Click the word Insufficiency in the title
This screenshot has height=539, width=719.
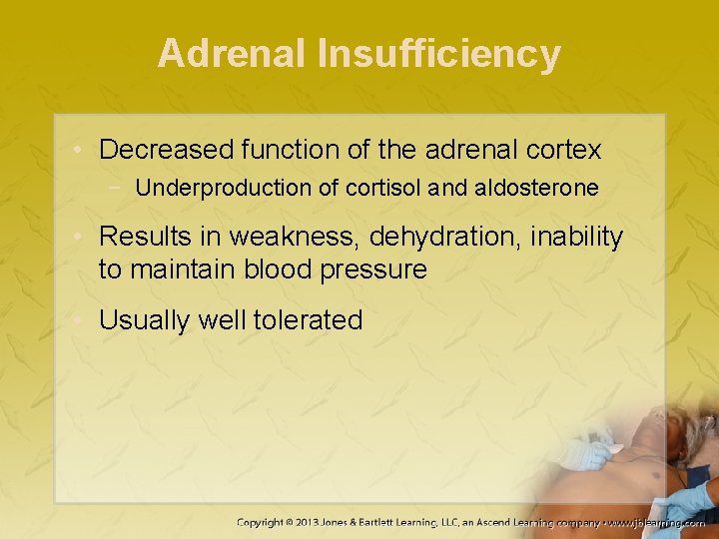pos(438,54)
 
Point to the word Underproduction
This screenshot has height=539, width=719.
pos(211,188)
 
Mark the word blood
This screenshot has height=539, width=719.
pos(276,269)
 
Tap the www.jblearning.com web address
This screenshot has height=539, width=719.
pos(658,522)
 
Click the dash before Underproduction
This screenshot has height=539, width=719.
pos(119,188)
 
